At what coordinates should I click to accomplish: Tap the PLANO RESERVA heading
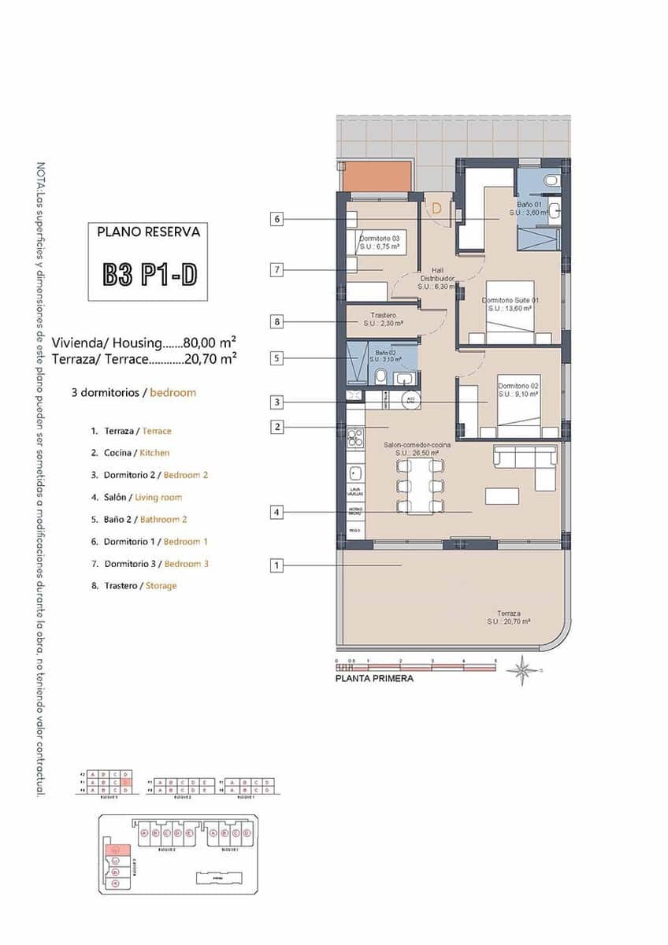(x=148, y=232)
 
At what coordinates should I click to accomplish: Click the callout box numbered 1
(x=276, y=565)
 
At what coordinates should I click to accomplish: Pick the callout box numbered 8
(x=276, y=321)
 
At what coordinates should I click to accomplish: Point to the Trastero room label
(x=384, y=319)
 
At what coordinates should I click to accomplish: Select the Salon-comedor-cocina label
(x=417, y=449)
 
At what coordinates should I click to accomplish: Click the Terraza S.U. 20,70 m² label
(x=508, y=617)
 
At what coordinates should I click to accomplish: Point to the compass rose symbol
(x=521, y=671)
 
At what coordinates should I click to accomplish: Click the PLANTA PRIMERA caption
(x=374, y=678)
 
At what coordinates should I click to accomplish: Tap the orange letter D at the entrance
(x=436, y=209)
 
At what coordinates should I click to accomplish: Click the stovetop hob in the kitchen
(x=354, y=435)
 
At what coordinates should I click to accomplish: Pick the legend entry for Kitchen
(x=136, y=453)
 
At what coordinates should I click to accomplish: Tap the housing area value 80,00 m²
(x=210, y=343)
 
